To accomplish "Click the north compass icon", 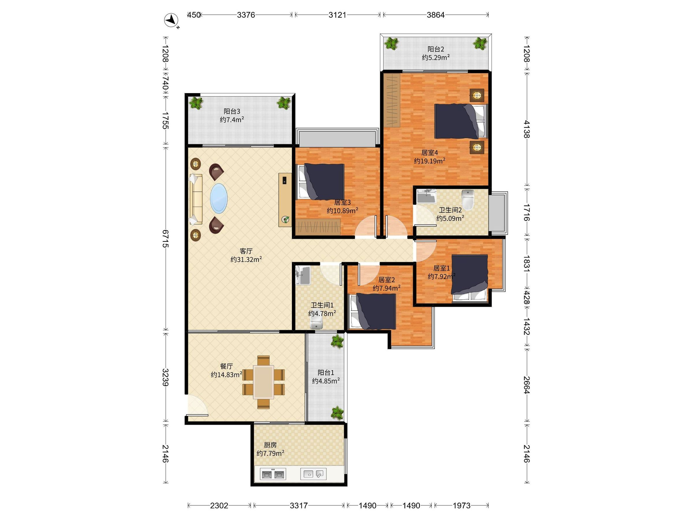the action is pyautogui.click(x=171, y=20).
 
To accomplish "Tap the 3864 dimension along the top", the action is pyautogui.click(x=435, y=15).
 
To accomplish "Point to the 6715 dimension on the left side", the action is pyautogui.click(x=165, y=239).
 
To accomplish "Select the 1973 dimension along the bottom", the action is pyautogui.click(x=461, y=505).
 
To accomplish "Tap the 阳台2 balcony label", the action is pyautogui.click(x=436, y=49).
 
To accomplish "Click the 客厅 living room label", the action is pyautogui.click(x=246, y=251).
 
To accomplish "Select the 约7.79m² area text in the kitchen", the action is pyautogui.click(x=270, y=453).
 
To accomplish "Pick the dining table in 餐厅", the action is pyautogui.click(x=263, y=382).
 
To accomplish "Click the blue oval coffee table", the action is pyautogui.click(x=219, y=198).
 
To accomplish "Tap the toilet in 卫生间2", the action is pyautogui.click(x=468, y=199).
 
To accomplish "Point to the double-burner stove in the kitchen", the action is pyautogui.click(x=273, y=474).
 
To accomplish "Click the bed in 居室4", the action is pyautogui.click(x=461, y=121).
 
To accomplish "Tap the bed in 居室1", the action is pyautogui.click(x=469, y=278).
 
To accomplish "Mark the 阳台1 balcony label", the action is pyautogui.click(x=326, y=373).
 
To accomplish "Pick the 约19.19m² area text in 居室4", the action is pyautogui.click(x=430, y=161).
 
